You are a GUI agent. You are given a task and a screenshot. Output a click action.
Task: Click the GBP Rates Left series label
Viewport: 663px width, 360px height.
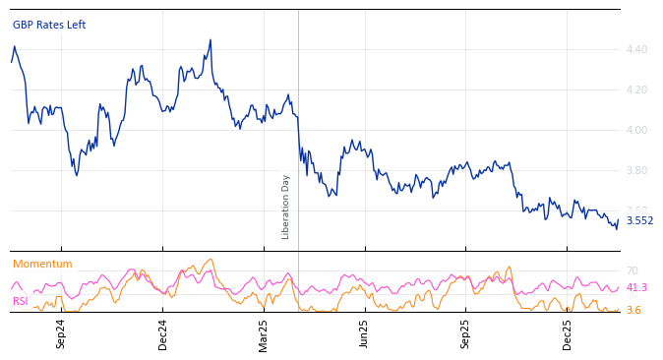[49, 25]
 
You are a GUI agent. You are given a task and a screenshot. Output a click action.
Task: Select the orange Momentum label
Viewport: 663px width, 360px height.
[42, 264]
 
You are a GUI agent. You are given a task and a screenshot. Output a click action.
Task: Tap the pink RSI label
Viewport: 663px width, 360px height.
[21, 301]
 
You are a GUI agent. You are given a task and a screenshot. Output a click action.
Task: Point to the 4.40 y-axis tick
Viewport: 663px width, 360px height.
[636, 49]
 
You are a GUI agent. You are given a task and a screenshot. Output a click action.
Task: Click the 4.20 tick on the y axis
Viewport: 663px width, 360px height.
[636, 90]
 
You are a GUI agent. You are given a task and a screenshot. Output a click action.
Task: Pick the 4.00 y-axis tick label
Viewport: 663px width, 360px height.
[636, 130]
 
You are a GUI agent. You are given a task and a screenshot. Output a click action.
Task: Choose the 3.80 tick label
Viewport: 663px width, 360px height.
[636, 170]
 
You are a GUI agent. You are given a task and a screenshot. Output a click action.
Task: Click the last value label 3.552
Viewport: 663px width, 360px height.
[639, 220]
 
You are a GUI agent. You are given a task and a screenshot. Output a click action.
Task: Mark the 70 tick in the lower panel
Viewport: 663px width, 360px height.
[633, 270]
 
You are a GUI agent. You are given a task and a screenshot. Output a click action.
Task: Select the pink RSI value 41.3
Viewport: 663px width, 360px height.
[636, 288]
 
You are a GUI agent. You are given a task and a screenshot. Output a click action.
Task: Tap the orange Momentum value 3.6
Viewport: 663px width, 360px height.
[633, 310]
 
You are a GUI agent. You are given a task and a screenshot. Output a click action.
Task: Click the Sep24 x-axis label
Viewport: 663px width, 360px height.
[61, 332]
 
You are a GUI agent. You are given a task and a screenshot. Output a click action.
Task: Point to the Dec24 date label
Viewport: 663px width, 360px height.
[163, 332]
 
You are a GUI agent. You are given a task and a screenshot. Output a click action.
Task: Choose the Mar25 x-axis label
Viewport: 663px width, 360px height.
[264, 332]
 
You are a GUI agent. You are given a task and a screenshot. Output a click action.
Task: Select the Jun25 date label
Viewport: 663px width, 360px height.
[364, 332]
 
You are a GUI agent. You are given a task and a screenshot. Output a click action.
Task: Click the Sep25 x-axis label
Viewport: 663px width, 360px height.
[466, 332]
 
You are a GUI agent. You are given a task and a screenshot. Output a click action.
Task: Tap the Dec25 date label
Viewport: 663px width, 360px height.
[568, 332]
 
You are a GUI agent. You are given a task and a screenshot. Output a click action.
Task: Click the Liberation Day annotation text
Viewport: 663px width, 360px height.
[286, 207]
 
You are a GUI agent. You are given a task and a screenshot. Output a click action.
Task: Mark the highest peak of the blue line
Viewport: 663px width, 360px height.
[211, 40]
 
